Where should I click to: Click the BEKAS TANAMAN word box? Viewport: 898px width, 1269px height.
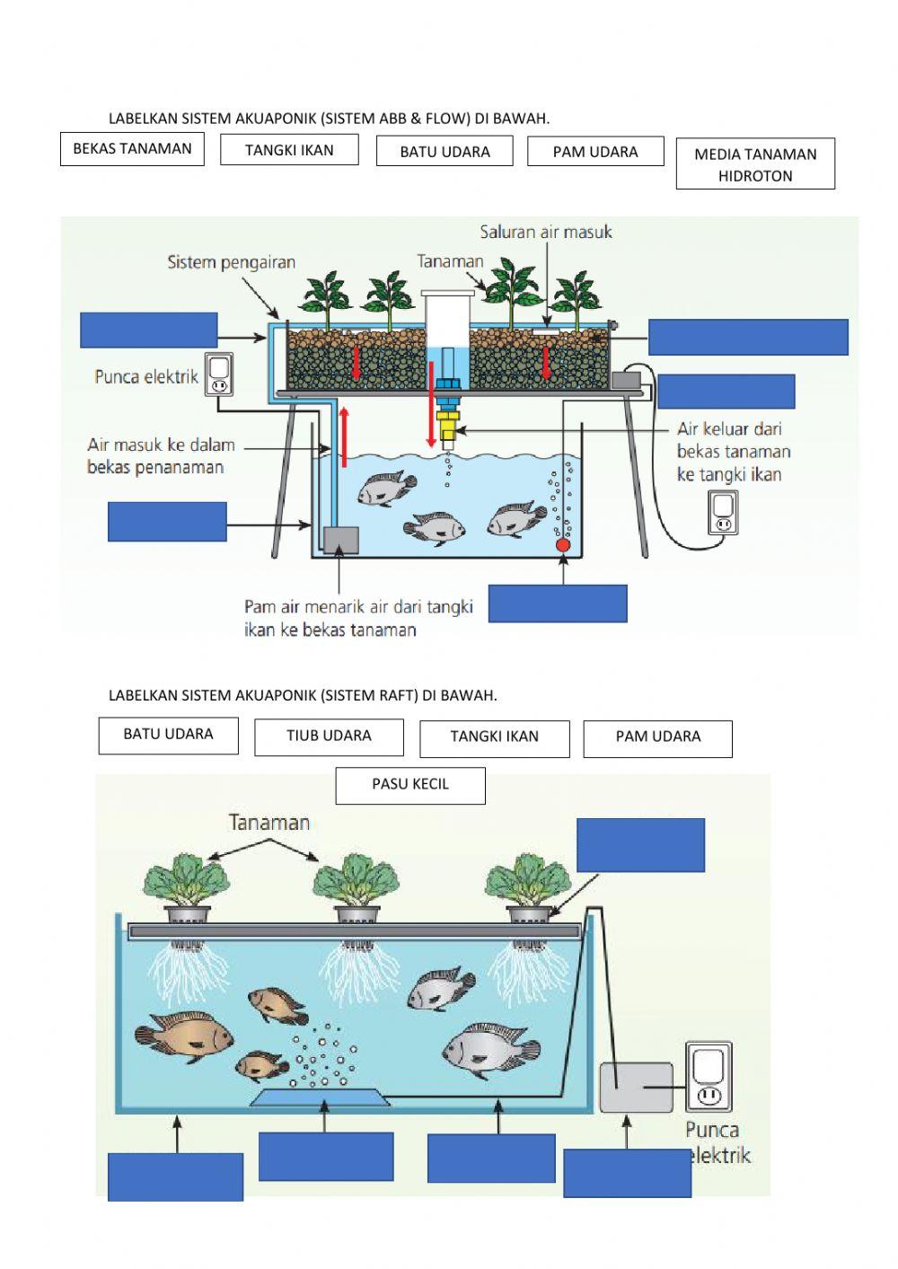132,149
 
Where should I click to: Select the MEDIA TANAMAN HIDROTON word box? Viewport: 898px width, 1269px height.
755,164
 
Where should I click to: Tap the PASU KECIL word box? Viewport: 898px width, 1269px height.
410,785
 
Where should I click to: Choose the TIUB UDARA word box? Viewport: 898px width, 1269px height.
329,736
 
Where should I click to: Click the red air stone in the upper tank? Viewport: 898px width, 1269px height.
563,544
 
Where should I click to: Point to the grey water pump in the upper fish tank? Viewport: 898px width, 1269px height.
339,541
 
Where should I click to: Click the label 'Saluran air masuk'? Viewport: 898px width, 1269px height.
546,233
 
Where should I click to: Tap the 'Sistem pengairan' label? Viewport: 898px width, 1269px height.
231,263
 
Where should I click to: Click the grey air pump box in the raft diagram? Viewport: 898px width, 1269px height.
636,1087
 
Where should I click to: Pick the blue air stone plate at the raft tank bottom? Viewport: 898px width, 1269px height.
320,1097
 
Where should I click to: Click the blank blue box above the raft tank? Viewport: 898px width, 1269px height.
640,845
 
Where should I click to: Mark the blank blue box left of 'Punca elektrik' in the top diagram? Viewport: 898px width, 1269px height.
149,330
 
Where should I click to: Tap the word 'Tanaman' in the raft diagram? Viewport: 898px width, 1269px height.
269,822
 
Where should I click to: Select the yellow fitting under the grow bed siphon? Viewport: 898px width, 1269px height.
446,418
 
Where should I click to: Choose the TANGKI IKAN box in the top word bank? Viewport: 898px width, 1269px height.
289,150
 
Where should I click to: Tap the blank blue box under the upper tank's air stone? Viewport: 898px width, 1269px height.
558,604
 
